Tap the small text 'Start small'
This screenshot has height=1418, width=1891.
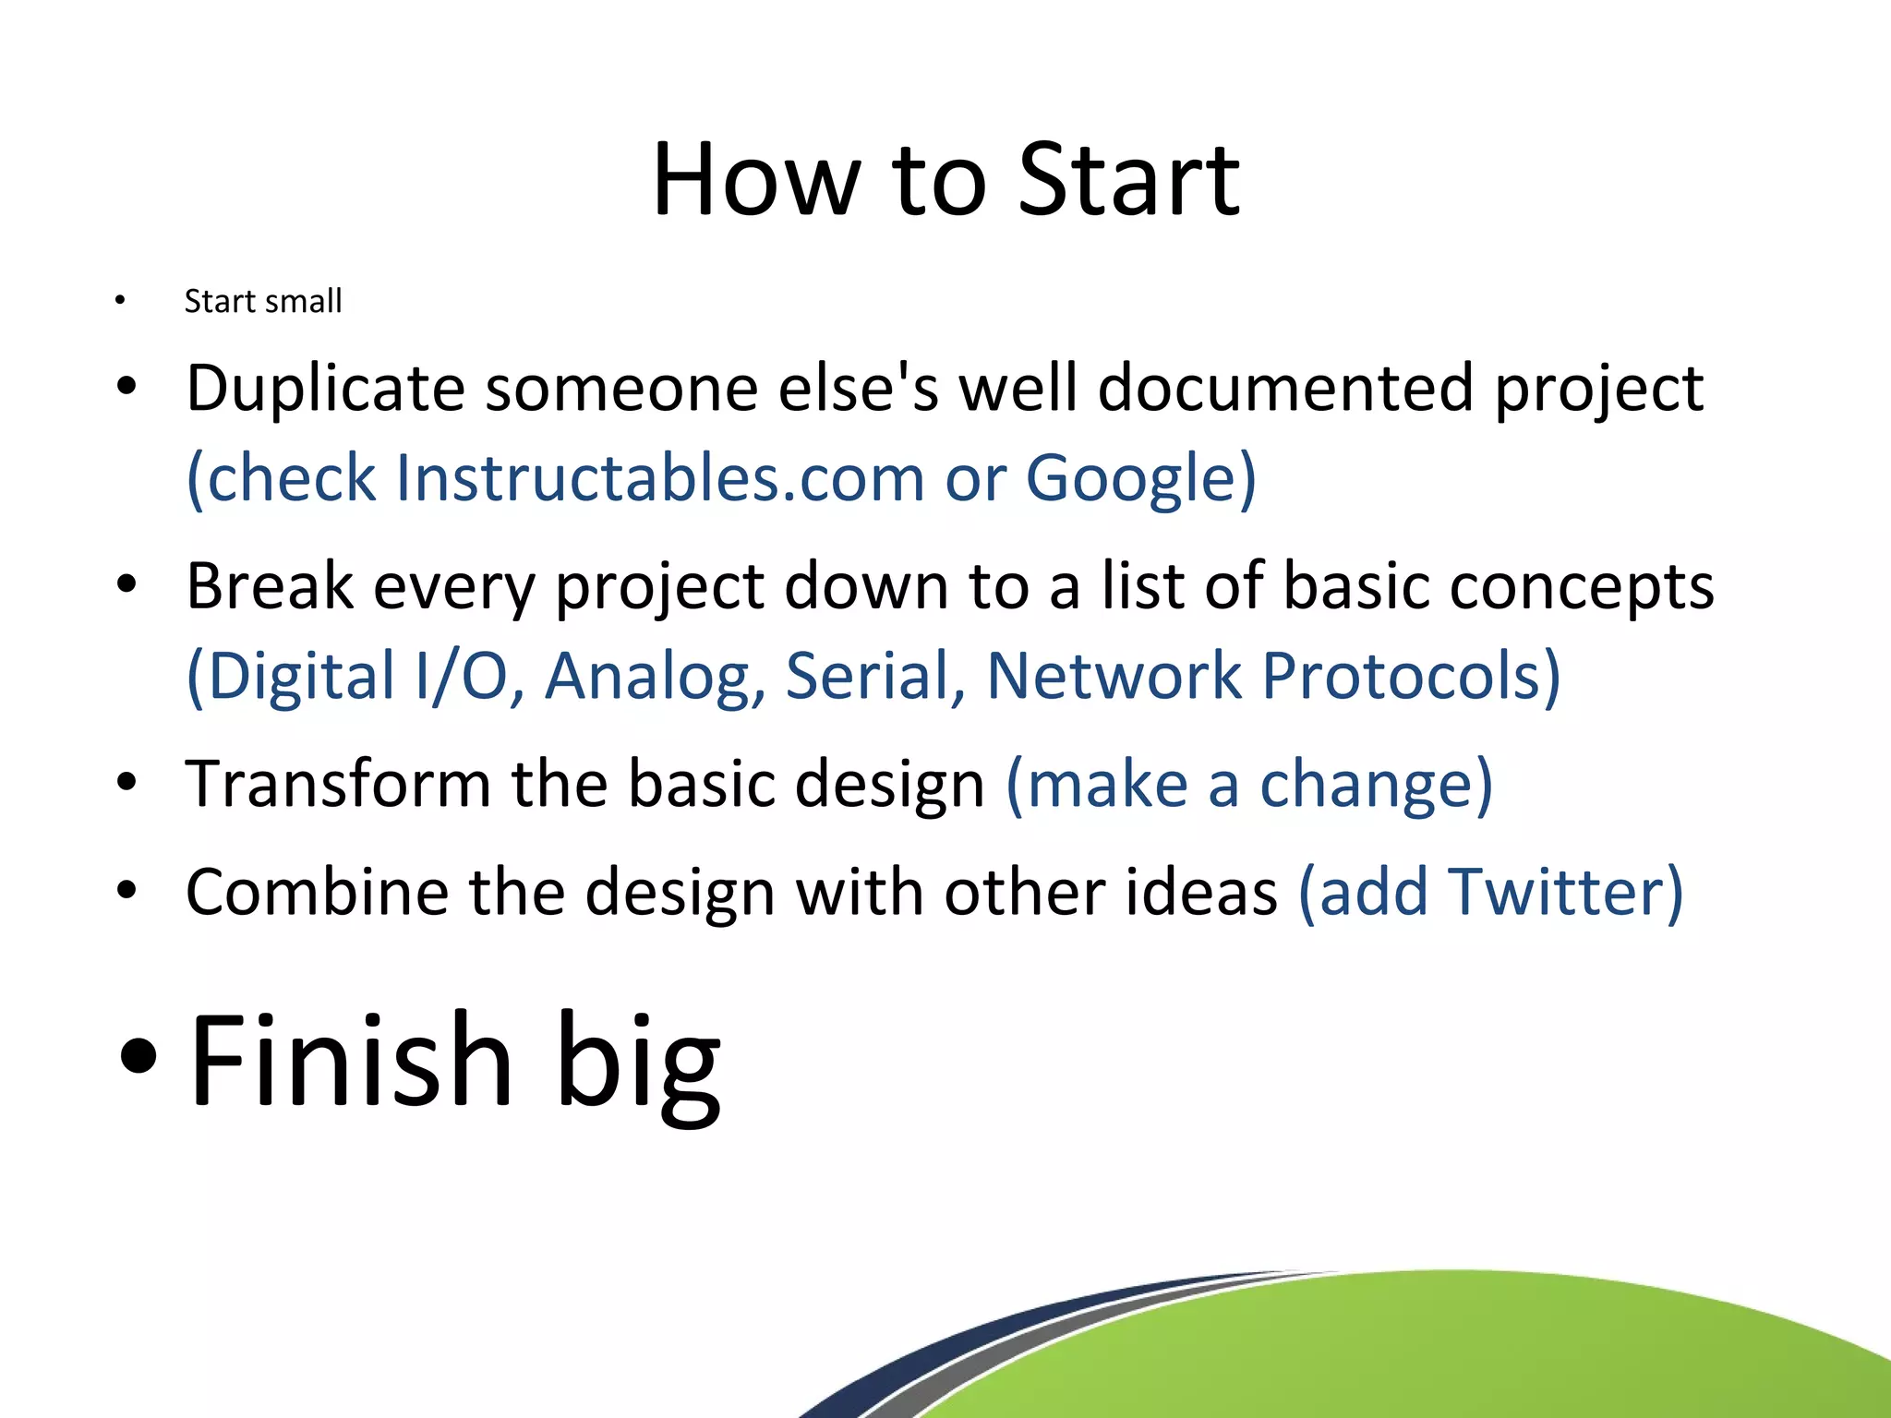click(263, 301)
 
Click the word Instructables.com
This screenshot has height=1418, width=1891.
click(659, 478)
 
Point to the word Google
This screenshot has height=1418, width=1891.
click(1131, 478)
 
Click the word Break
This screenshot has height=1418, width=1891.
click(270, 586)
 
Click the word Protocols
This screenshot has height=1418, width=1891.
click(1401, 676)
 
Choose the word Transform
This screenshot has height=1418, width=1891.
click(338, 784)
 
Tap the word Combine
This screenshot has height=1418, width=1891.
click(316, 892)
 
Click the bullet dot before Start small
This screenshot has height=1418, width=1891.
click(119, 300)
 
